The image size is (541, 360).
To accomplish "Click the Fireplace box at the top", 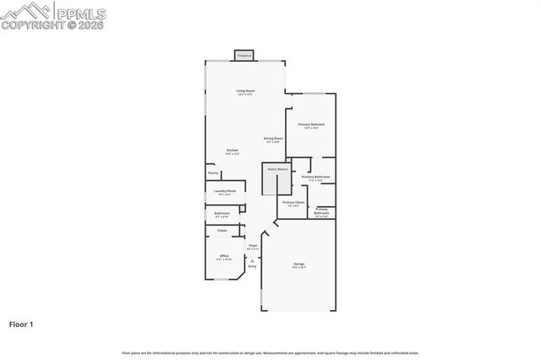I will [245, 55].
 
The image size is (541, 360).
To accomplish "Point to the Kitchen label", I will [232, 151].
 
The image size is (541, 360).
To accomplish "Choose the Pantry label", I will [213, 173].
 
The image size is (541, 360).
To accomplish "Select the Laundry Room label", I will [225, 192].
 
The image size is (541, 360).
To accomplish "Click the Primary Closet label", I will [293, 203].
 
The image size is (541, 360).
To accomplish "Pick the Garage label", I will [299, 265].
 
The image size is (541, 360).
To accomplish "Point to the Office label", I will [224, 256].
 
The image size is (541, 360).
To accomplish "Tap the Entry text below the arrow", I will [252, 266].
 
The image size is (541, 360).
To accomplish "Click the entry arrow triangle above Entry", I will [252, 260].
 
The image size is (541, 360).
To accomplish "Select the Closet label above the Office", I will [222, 230].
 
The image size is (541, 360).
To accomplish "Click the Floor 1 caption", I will [22, 324].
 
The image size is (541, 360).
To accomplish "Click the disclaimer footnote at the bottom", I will [270, 352].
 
